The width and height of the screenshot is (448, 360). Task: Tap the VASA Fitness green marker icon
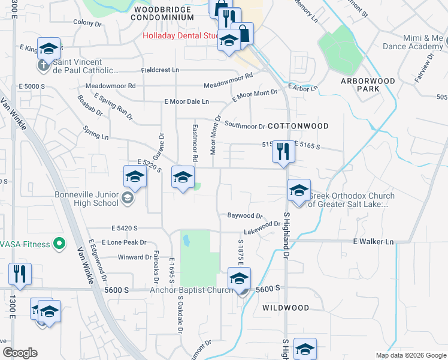(59, 244)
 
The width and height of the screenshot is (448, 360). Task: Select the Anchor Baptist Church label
(191, 290)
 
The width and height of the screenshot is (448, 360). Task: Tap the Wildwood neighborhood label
(286, 308)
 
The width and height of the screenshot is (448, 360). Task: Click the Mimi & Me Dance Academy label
(419, 42)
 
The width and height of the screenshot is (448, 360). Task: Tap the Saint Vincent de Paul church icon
(43, 65)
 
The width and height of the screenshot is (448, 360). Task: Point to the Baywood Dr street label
(245, 215)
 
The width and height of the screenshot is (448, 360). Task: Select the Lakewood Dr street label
(262, 227)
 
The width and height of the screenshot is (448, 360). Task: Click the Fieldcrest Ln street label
(160, 70)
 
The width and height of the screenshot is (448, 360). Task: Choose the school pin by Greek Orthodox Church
(298, 191)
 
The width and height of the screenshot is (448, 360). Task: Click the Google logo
(20, 353)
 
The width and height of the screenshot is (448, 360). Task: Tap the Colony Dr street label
(87, 23)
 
